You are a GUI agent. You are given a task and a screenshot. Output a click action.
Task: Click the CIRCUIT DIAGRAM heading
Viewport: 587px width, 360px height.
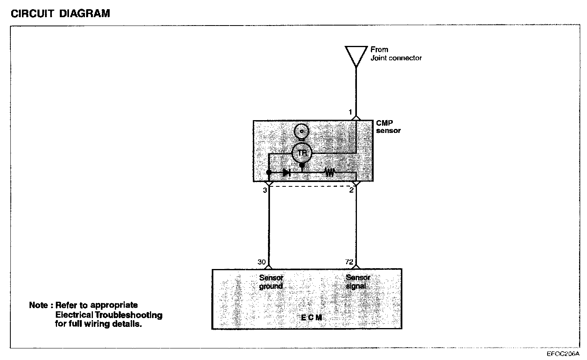click(60, 14)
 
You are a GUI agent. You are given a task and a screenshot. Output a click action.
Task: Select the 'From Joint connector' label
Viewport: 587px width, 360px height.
click(396, 53)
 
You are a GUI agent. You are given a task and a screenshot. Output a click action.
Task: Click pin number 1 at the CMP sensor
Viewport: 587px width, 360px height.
click(351, 113)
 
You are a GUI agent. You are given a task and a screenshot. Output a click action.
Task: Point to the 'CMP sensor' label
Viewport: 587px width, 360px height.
click(388, 127)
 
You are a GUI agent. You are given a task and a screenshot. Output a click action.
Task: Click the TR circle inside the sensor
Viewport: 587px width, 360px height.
click(302, 152)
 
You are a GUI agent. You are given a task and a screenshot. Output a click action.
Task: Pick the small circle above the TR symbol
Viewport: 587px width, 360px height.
click(302, 131)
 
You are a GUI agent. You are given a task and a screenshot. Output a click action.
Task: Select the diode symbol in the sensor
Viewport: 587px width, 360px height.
click(286, 173)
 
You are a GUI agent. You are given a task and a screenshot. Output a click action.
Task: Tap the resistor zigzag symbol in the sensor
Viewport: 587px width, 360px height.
click(329, 173)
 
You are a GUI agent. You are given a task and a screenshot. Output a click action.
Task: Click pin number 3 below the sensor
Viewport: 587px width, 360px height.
click(264, 190)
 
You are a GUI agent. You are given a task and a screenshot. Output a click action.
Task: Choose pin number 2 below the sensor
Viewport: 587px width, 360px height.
click(351, 190)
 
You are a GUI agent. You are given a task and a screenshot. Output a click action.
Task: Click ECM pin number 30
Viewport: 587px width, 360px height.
click(262, 262)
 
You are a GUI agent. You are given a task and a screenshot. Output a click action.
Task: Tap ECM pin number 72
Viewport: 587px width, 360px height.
click(349, 262)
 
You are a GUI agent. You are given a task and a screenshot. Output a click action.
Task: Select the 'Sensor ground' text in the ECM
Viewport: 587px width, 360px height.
click(271, 282)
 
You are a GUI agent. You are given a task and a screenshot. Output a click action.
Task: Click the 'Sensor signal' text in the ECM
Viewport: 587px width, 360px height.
click(358, 282)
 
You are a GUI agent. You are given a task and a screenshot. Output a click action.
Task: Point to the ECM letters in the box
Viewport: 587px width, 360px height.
click(311, 318)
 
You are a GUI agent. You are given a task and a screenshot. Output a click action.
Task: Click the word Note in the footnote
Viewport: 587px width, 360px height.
click(39, 305)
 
